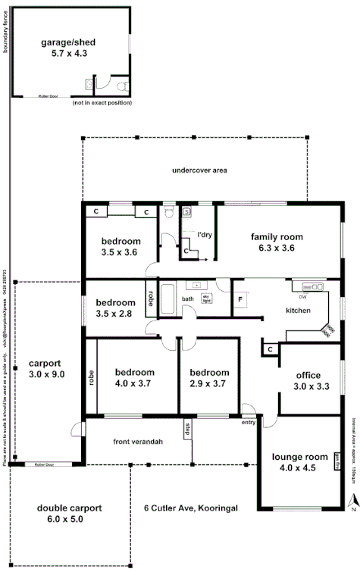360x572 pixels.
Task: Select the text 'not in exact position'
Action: point(101,102)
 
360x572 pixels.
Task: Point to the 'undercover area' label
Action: point(199,170)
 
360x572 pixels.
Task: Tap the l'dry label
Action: point(204,235)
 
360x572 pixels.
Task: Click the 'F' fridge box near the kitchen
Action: point(240,299)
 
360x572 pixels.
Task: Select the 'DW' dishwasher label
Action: point(302,296)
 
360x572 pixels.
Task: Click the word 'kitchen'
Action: point(298,311)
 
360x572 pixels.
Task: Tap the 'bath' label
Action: point(188,299)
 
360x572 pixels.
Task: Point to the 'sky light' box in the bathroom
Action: point(205,299)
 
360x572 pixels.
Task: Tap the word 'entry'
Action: point(248,423)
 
